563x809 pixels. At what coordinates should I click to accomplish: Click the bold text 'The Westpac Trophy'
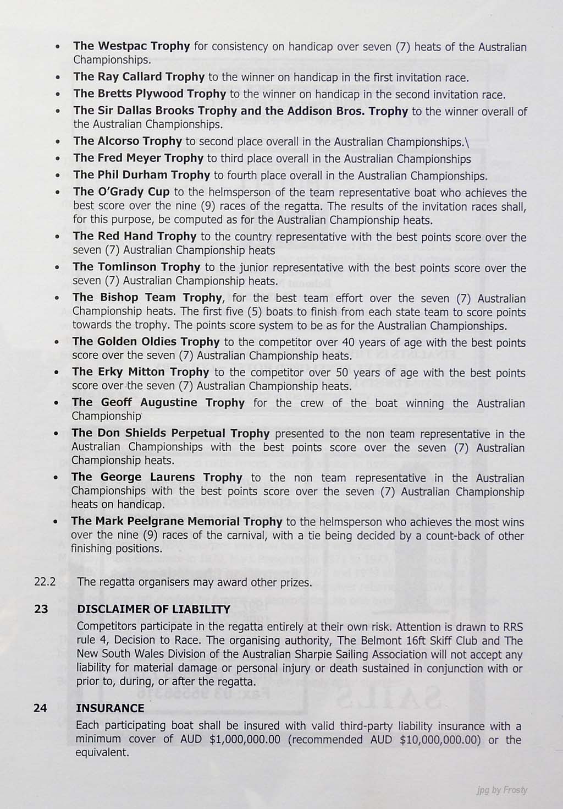132,46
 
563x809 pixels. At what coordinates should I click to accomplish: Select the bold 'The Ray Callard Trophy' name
139,76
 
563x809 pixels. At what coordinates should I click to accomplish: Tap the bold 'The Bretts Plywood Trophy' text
150,94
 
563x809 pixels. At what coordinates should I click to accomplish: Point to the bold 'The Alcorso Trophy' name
128,141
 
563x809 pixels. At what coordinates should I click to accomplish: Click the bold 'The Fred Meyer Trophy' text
139,158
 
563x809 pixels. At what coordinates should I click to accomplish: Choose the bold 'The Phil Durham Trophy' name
142,175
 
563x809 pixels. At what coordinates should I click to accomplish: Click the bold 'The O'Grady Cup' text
122,192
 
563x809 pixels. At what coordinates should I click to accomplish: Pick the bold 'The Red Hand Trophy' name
135,236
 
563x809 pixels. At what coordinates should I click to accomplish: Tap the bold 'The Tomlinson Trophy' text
136,267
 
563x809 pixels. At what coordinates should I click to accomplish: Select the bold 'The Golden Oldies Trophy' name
146,342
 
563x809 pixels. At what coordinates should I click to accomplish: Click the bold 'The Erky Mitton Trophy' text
140,372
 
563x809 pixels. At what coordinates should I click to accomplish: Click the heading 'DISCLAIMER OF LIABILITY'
153,609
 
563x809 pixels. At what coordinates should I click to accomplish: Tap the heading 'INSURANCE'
110,708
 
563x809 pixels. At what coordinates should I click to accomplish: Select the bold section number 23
40,609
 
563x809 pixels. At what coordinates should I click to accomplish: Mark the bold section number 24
40,708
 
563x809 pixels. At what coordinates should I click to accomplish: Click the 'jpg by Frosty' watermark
501,790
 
